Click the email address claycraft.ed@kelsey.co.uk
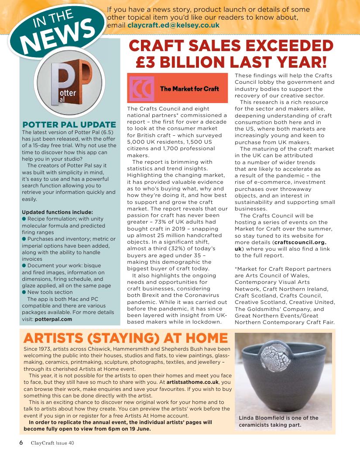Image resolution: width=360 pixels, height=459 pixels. pyautogui.click(x=173, y=25)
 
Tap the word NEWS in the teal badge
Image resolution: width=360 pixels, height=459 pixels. pyautogui.click(x=60, y=34)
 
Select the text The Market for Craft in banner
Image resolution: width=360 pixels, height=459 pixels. pyautogui.click(x=189, y=89)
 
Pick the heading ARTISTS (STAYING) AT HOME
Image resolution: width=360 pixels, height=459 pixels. pyautogui.click(x=126, y=338)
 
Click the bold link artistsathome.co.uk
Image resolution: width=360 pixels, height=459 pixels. pyautogui.click(x=195, y=382)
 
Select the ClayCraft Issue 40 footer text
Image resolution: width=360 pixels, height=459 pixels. pyautogui.click(x=52, y=443)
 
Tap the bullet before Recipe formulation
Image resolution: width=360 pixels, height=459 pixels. pyautogui.click(x=24, y=219)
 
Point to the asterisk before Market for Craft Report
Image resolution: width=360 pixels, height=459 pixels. pyautogui.click(x=236, y=269)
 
